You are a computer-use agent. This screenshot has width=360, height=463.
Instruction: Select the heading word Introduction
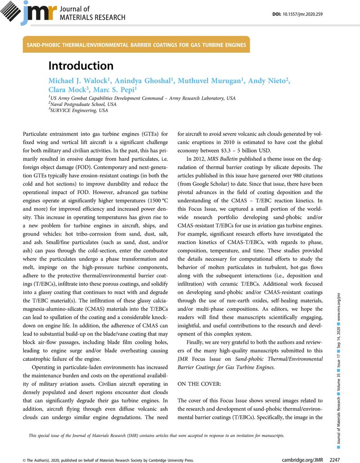(x=81, y=66)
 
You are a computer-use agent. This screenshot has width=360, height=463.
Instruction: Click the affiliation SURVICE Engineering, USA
(x=79, y=110)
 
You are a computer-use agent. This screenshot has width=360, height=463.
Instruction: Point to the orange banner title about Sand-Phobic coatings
(x=137, y=45)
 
